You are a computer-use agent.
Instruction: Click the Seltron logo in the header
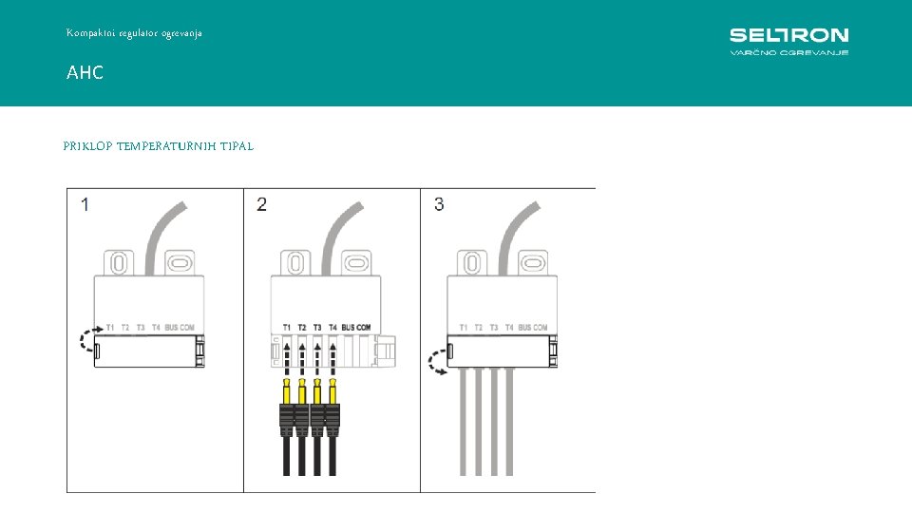788,41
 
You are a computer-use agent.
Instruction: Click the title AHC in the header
85,72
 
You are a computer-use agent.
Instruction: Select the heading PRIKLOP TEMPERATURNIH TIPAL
158,146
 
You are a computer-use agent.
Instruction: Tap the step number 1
86,204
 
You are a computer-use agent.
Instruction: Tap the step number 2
262,204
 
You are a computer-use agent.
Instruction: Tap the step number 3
439,204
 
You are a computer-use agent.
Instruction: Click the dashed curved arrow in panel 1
87,340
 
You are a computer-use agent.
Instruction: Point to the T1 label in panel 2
287,328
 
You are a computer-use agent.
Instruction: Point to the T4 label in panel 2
332,328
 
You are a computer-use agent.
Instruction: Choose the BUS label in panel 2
349,328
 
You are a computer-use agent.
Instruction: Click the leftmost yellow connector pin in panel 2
287,391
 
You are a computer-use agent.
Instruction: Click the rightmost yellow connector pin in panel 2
332,391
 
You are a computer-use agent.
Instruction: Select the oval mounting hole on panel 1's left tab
119,262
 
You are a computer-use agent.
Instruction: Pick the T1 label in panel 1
110,328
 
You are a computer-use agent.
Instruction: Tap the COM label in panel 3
540,328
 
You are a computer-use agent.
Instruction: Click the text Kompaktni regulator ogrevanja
134,33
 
